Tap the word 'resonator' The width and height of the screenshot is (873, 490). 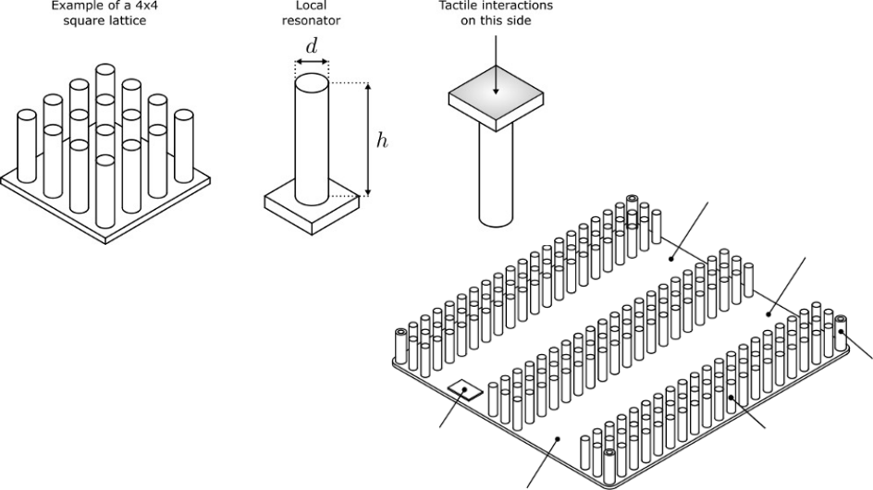pyautogui.click(x=311, y=19)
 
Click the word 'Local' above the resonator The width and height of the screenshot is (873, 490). pyautogui.click(x=311, y=4)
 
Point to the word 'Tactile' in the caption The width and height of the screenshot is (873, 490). pyautogui.click(x=461, y=4)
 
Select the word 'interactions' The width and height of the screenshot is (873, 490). pyautogui.click(x=523, y=4)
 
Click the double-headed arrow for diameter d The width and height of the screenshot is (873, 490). pyautogui.click(x=312, y=63)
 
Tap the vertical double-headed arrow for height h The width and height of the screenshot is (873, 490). pyautogui.click(x=369, y=140)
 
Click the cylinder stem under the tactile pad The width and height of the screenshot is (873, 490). pyautogui.click(x=497, y=176)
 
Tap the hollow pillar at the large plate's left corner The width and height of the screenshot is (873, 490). pyautogui.click(x=401, y=347)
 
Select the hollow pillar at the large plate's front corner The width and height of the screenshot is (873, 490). pyautogui.click(x=609, y=467)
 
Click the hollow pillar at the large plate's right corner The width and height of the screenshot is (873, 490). pyautogui.click(x=841, y=334)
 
